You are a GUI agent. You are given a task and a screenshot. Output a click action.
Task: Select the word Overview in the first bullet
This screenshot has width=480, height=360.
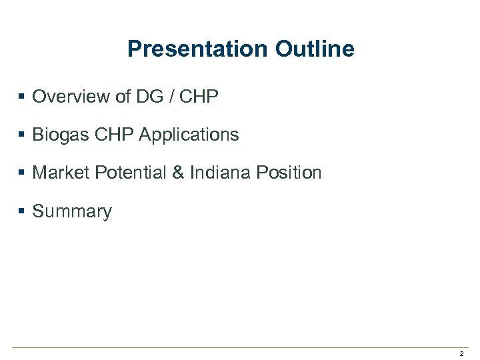click(x=71, y=97)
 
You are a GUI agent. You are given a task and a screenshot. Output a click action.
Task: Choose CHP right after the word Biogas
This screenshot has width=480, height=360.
click(x=114, y=135)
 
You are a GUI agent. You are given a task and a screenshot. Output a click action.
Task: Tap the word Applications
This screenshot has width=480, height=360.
click(x=189, y=135)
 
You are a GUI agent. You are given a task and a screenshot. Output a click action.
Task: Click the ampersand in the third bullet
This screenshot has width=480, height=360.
click(x=178, y=173)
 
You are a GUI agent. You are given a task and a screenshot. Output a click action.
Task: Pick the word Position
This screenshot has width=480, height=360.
click(x=289, y=173)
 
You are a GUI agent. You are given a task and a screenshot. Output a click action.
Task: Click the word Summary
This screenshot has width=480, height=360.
click(x=72, y=212)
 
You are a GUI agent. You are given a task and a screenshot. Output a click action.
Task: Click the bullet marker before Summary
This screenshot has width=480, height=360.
click(x=22, y=211)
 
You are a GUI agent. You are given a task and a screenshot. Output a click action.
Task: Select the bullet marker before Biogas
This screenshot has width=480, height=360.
click(x=22, y=135)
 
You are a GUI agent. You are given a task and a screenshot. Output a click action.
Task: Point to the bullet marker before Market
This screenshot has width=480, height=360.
click(x=22, y=173)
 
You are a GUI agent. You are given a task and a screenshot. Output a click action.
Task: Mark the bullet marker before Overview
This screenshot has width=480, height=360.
click(x=22, y=97)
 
